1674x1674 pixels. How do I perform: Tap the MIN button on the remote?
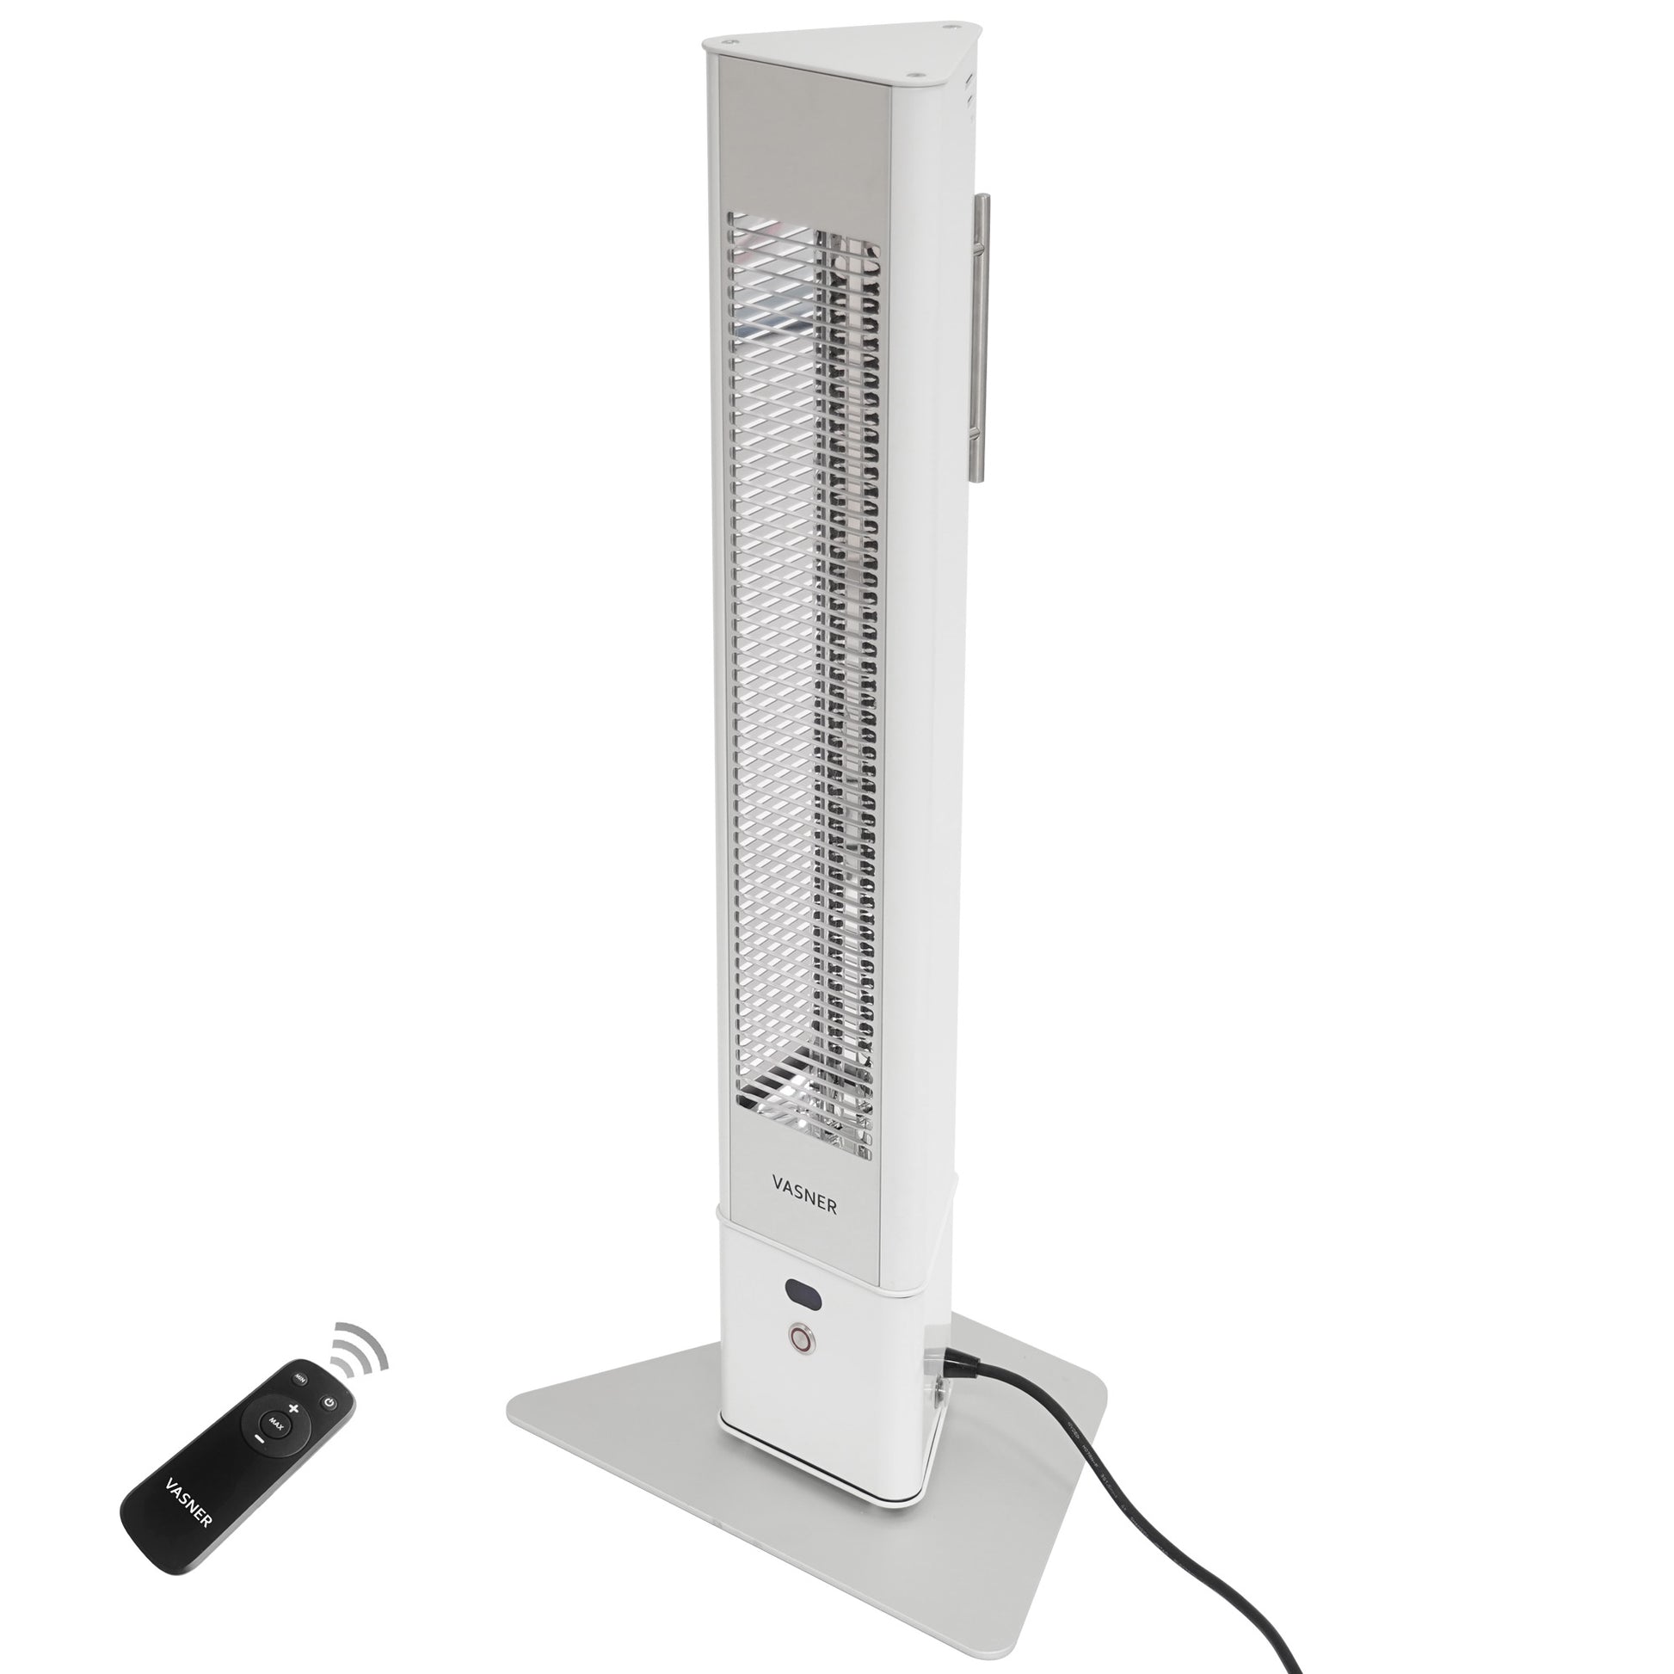tap(300, 1377)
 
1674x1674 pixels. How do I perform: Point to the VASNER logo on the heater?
tap(804, 1205)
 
